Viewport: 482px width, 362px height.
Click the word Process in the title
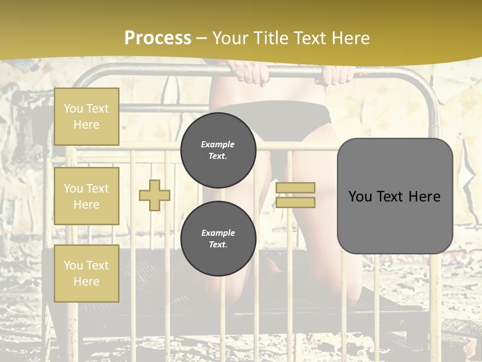coord(158,38)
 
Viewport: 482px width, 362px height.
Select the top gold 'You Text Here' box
coord(86,117)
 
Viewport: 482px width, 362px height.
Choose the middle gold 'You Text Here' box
coord(86,196)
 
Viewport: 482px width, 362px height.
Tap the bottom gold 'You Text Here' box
coord(86,274)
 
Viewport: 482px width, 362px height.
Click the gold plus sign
coord(155,195)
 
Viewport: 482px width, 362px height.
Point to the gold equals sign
coord(295,195)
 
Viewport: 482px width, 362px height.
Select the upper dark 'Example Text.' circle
coord(218,150)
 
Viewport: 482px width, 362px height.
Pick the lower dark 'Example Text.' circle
coord(218,238)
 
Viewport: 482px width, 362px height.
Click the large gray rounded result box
coord(395,196)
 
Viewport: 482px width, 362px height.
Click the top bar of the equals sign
coord(295,188)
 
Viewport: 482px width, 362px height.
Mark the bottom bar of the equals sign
coord(295,202)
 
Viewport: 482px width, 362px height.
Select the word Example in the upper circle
coord(218,144)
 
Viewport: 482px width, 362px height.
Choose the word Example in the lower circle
coord(218,233)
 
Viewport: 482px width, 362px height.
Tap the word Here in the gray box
coord(425,197)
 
